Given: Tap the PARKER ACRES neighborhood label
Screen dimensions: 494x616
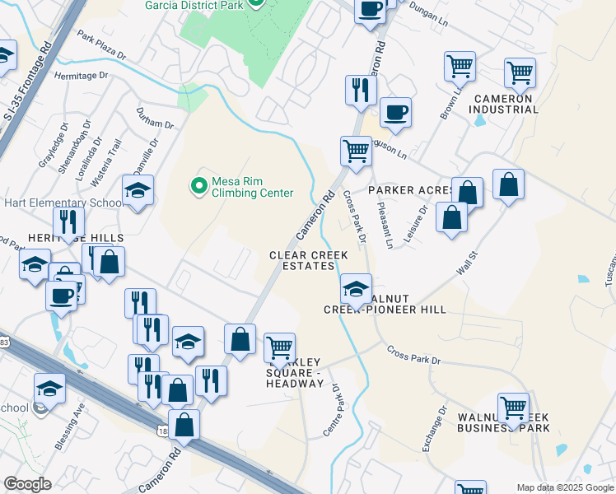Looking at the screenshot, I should click(410, 190).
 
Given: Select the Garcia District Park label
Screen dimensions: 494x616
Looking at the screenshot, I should click(194, 5).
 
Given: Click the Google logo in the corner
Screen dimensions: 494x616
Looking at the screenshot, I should click(27, 484).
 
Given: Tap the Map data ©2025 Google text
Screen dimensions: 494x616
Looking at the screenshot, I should click(564, 487).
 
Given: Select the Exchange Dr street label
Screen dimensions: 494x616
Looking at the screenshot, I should click(434, 428).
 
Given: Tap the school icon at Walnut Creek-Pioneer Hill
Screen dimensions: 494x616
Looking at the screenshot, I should click(356, 289).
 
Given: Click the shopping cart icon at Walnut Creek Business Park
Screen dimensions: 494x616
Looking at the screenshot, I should click(514, 407).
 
